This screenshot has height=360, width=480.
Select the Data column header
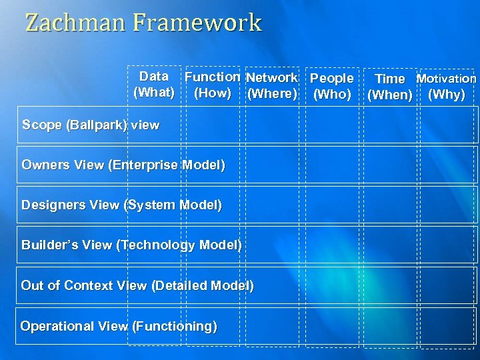coord(154,77)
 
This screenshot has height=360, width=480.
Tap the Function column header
coord(213,77)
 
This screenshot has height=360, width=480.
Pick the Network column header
coord(271,79)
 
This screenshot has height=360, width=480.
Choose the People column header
coord(332,79)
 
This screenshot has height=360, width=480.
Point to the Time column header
coord(389,79)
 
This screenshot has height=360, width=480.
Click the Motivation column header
coord(446,79)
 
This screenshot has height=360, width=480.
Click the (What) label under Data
coord(154,92)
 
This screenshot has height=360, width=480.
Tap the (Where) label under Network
coord(271,94)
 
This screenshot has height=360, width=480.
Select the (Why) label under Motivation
coord(446,94)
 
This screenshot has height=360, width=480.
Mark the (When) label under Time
coord(390,95)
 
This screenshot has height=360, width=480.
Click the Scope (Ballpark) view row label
coord(91,125)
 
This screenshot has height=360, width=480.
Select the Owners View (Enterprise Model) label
coord(123,165)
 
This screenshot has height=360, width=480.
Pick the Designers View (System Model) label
coord(122,205)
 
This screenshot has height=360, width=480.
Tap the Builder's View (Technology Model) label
coord(131,245)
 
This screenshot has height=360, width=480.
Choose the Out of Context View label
coord(137,286)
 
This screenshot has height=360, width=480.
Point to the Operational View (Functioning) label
coord(119,327)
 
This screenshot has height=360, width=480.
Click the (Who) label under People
coord(332,95)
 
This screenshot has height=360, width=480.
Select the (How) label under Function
coord(213,93)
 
